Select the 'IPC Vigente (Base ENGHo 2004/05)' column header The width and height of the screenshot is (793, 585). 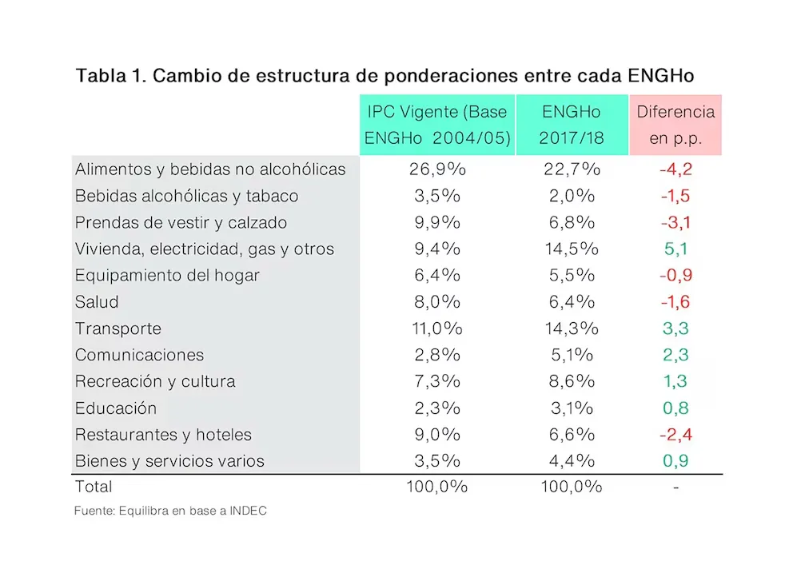[x=437, y=125]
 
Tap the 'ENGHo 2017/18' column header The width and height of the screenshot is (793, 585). [x=572, y=125]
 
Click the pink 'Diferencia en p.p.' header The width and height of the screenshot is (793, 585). [x=675, y=125]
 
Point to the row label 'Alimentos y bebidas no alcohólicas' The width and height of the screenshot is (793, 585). [x=210, y=169]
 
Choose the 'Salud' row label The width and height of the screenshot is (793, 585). [x=97, y=302]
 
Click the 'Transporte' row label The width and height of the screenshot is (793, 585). [x=118, y=328]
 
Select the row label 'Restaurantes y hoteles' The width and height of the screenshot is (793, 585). [x=163, y=435]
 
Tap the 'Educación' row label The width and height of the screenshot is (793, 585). [x=116, y=408]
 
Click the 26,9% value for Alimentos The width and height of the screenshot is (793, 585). [x=436, y=169]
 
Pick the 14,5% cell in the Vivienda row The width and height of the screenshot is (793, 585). [x=572, y=249]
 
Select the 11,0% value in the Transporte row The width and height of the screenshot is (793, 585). [x=436, y=328]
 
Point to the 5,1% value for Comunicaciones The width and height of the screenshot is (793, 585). [x=572, y=355]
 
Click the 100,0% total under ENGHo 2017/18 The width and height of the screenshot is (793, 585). [x=572, y=487]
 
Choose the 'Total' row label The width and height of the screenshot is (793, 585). [x=94, y=487]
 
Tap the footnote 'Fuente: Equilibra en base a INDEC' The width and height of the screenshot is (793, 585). [x=170, y=511]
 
